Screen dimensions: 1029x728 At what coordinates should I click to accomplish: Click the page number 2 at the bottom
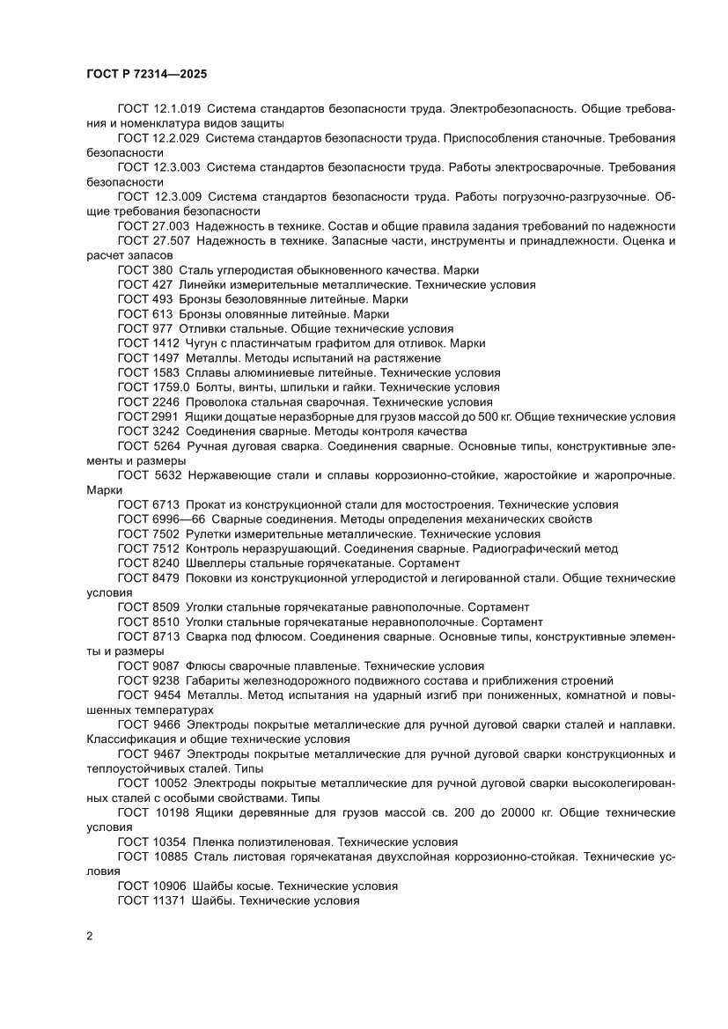pos(91,936)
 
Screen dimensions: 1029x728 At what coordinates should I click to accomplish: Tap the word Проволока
pos(216,402)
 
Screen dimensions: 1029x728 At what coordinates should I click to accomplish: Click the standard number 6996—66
pos(178,519)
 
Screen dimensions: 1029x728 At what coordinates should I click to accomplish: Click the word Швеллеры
pos(217,563)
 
